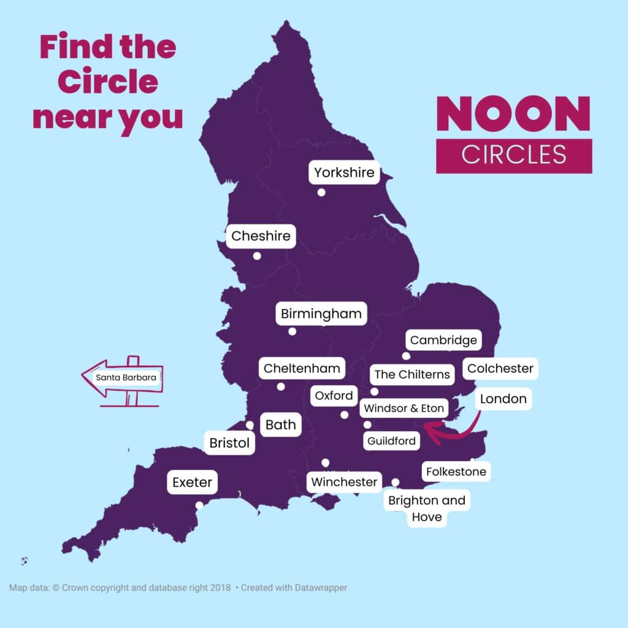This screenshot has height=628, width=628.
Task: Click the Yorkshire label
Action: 344,173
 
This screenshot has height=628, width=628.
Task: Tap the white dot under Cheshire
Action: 257,256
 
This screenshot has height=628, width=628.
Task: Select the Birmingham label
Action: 321,315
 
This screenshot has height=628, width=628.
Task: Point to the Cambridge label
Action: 443,340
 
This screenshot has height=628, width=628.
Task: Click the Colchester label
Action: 500,369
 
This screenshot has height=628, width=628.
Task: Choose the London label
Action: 503,399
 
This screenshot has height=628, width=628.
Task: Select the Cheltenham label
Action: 302,369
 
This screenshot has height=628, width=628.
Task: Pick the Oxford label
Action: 334,396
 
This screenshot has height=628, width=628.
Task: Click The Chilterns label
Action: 412,374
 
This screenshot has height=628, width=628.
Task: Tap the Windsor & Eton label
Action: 404,408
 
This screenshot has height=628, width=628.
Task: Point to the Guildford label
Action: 391,441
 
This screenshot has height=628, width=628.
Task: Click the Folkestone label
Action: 456,472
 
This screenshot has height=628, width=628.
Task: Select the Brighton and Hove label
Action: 427,508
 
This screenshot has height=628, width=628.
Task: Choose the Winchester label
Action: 344,482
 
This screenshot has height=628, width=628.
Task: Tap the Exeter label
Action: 192,483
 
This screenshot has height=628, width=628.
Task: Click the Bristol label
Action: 229,443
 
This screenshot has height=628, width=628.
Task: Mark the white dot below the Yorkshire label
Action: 321,193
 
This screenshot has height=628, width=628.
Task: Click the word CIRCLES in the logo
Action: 514,155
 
